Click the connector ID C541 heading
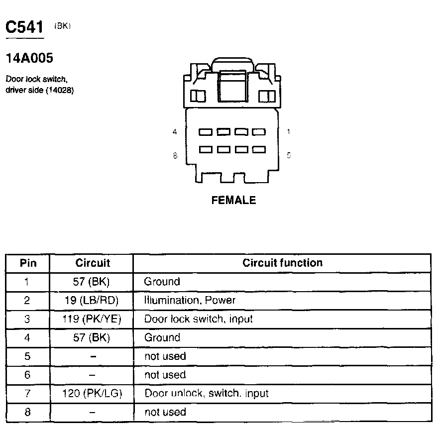pyautogui.click(x=24, y=27)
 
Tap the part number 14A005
pyautogui.click(x=29, y=58)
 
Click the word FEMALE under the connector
pyautogui.click(x=233, y=200)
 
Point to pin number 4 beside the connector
pyautogui.click(x=175, y=132)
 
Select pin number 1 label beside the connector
pyautogui.click(x=289, y=132)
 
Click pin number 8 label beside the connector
pyautogui.click(x=175, y=155)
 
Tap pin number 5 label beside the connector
pyautogui.click(x=289, y=155)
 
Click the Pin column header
pyautogui.click(x=28, y=263)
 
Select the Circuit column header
pyautogui.click(x=92, y=263)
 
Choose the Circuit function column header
pyautogui.click(x=282, y=263)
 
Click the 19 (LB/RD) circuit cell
pyautogui.click(x=92, y=300)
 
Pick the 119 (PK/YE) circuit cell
pyautogui.click(x=92, y=319)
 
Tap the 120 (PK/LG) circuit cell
pyautogui.click(x=92, y=394)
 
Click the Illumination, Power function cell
pyautogui.click(x=190, y=300)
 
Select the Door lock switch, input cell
pyautogui.click(x=198, y=319)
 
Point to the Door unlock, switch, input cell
pyautogui.click(x=206, y=394)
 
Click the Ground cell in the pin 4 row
pyautogui.click(x=162, y=337)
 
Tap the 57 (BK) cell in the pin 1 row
pyautogui.click(x=92, y=282)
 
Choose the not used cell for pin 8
pyautogui.click(x=165, y=412)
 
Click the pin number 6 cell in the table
pyautogui.click(x=28, y=375)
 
